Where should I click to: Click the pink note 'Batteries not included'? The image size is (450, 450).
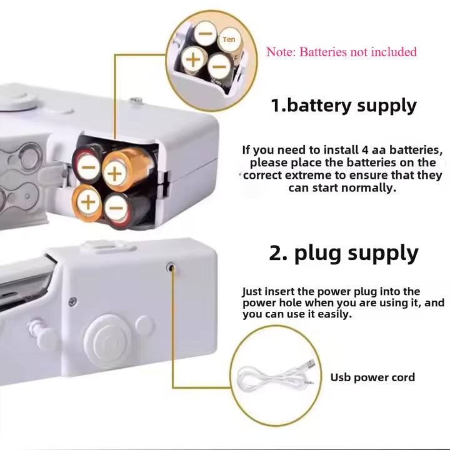tap(341, 52)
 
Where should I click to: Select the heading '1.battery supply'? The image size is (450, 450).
tap(343, 105)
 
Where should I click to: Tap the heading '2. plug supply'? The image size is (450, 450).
tap(343, 253)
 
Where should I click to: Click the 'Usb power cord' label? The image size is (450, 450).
tap(372, 377)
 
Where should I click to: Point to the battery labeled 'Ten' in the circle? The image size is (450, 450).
tap(229, 40)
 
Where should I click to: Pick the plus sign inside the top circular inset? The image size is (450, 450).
tap(194, 60)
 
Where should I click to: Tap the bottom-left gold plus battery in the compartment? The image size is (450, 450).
tap(88, 201)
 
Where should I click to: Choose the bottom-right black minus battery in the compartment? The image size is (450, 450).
tap(116, 207)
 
